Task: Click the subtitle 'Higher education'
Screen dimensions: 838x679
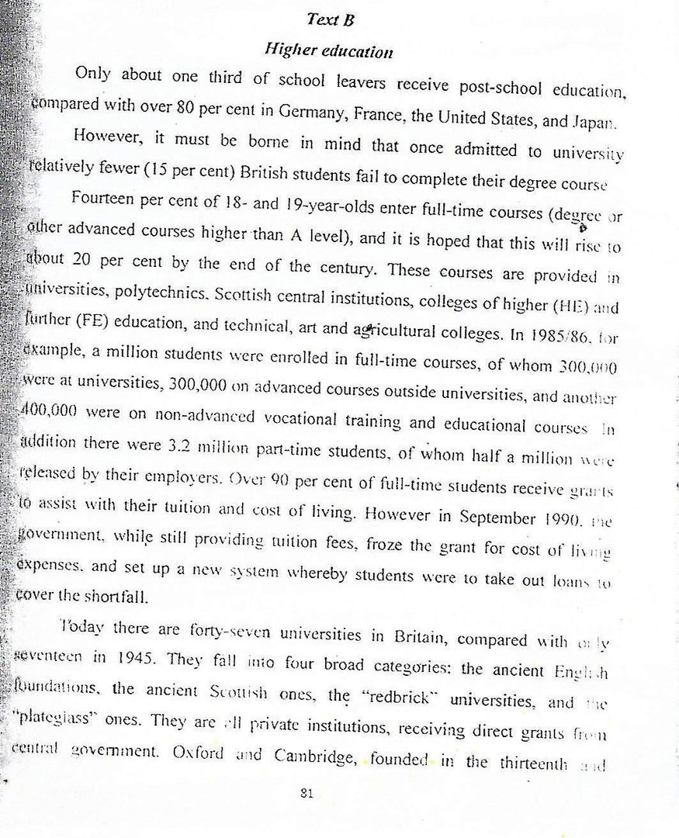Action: [x=329, y=51]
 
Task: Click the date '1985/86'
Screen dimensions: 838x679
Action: [x=553, y=340]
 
